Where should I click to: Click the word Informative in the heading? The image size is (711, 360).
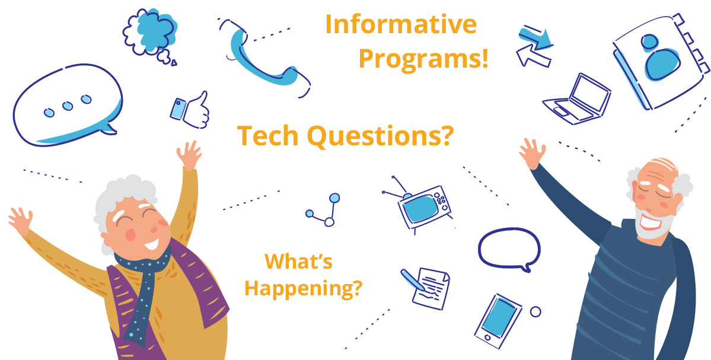[401, 24]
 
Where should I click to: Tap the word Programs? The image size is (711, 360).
[423, 59]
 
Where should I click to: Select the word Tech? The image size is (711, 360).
[268, 135]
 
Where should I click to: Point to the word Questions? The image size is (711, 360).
[380, 136]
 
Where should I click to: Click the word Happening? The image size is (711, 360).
[304, 288]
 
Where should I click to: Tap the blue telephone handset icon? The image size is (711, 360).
[264, 58]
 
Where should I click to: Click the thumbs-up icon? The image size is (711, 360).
[190, 110]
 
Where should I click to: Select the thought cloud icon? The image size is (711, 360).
[151, 36]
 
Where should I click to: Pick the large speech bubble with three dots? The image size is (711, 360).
[68, 105]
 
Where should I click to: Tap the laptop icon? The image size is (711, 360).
[577, 99]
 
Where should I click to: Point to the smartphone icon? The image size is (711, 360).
[498, 321]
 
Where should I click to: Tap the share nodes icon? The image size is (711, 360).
[323, 211]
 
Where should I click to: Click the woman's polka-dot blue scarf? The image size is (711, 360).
[142, 290]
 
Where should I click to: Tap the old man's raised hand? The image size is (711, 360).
[532, 153]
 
